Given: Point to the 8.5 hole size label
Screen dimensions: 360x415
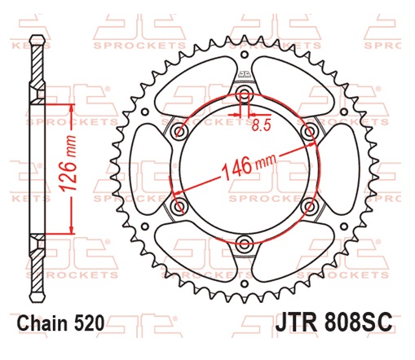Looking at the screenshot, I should (x=261, y=127).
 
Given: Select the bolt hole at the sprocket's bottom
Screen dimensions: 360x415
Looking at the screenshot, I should (x=244, y=240).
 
